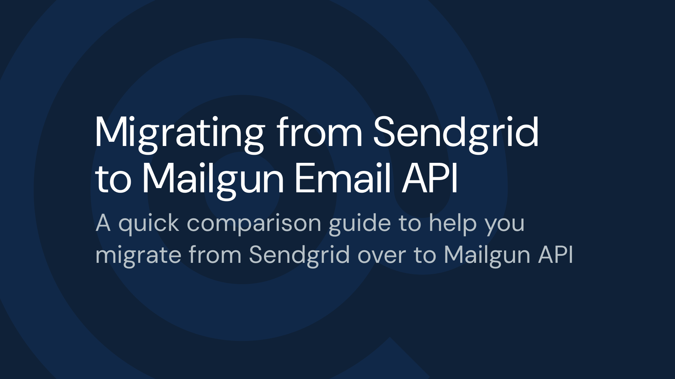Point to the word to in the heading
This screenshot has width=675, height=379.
tap(113, 180)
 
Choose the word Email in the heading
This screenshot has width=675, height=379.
tap(343, 178)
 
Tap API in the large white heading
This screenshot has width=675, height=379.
tap(430, 179)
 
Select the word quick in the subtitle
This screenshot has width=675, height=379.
tap(149, 225)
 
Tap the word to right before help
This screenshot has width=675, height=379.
tap(410, 223)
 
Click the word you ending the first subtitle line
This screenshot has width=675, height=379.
tap(505, 226)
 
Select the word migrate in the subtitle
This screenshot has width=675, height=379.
tap(138, 256)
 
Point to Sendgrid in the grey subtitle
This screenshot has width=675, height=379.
tap(300, 256)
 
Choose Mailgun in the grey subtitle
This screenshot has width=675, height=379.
tap(487, 256)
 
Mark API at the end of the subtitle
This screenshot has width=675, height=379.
tap(555, 255)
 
